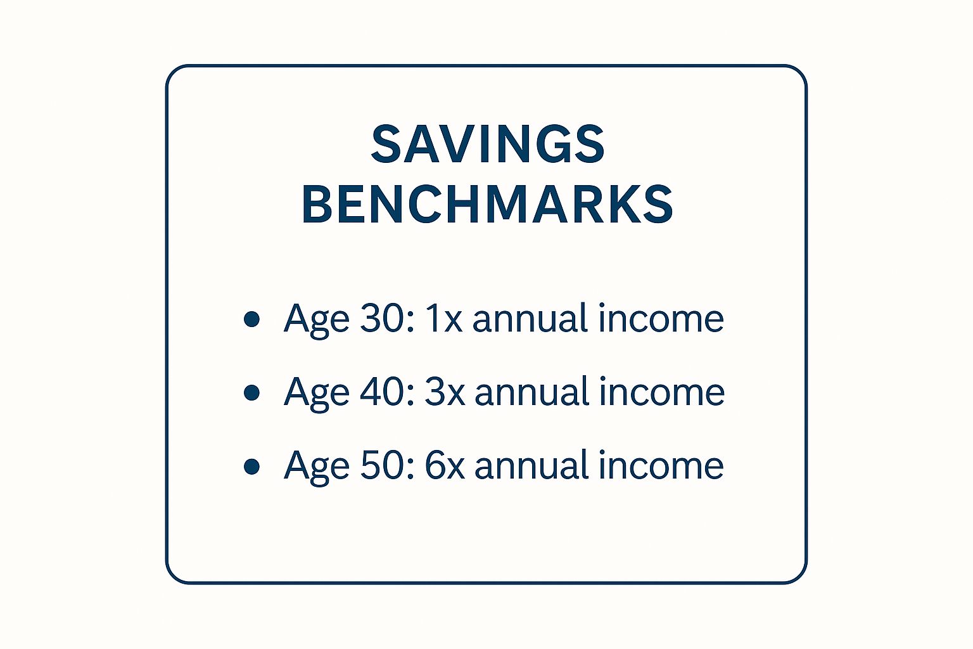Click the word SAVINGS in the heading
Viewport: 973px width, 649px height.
pos(487,145)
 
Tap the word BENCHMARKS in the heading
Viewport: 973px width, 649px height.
pos(487,204)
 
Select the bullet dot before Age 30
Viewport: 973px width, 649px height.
pos(251,319)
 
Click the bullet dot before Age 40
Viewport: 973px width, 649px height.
pos(251,392)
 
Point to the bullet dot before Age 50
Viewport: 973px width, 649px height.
pos(251,466)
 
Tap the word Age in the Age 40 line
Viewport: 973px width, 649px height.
pos(317,395)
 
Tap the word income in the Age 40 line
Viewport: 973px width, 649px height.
pos(662,392)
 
